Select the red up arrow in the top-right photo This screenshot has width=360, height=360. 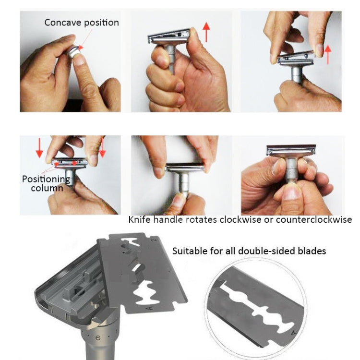click(x=329, y=54)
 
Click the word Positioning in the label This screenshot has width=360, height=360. click(x=46, y=179)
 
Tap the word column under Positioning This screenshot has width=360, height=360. click(x=47, y=188)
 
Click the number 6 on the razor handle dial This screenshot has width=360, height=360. click(x=98, y=338)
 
